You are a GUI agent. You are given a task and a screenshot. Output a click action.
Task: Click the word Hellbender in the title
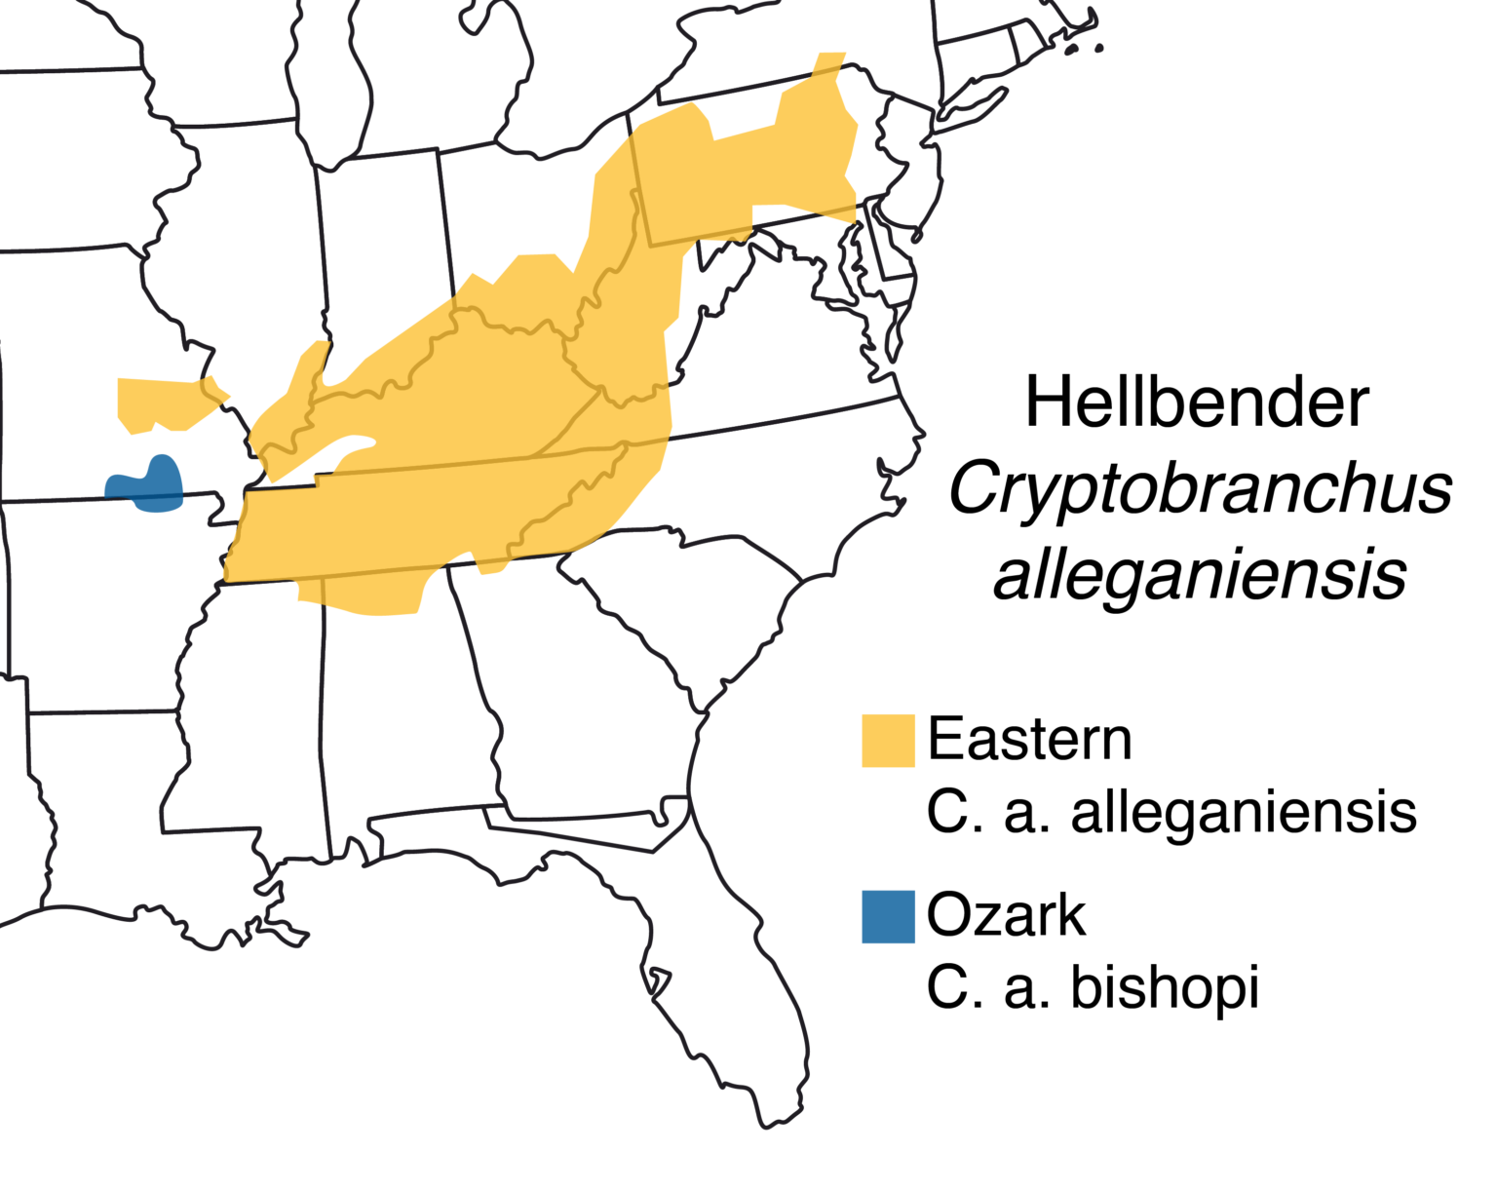1196,403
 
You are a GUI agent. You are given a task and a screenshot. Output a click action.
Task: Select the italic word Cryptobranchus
1200,489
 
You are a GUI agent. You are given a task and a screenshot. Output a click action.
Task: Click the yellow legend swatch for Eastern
888,741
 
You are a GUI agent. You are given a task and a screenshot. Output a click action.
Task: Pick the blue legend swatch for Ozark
888,916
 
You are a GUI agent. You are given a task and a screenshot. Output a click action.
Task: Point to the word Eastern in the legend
1029,740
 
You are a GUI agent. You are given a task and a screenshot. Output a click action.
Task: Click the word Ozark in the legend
1006,915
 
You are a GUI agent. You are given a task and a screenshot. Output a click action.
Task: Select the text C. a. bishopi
1093,987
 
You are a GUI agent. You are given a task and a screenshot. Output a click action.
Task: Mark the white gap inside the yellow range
336,458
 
